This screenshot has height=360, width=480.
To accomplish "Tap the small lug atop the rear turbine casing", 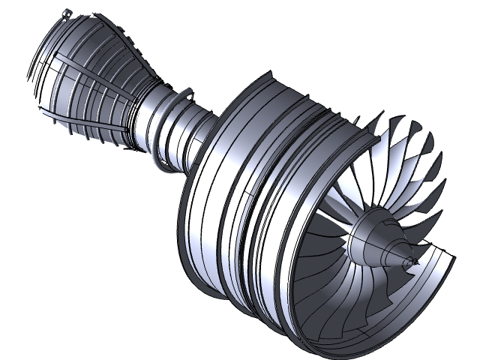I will [x=66, y=12].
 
